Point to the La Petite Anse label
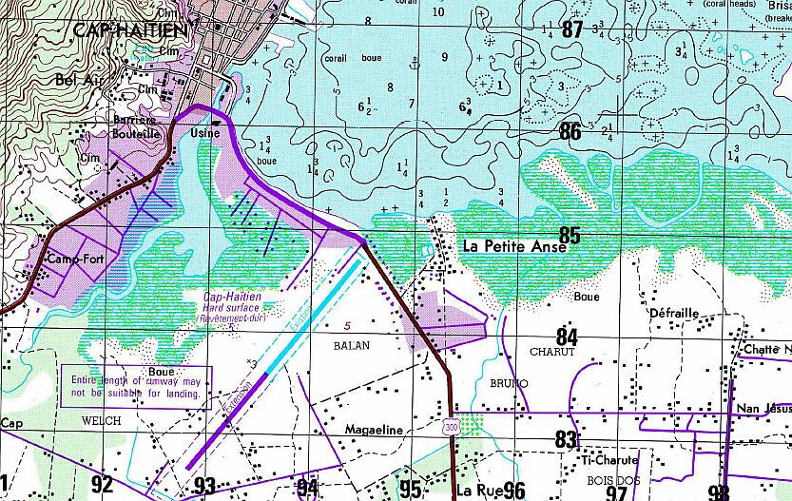point(513,245)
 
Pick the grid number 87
point(570,29)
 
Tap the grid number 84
point(567,337)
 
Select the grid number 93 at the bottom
point(204,486)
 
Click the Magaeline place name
point(381,430)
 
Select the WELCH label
point(102,419)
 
